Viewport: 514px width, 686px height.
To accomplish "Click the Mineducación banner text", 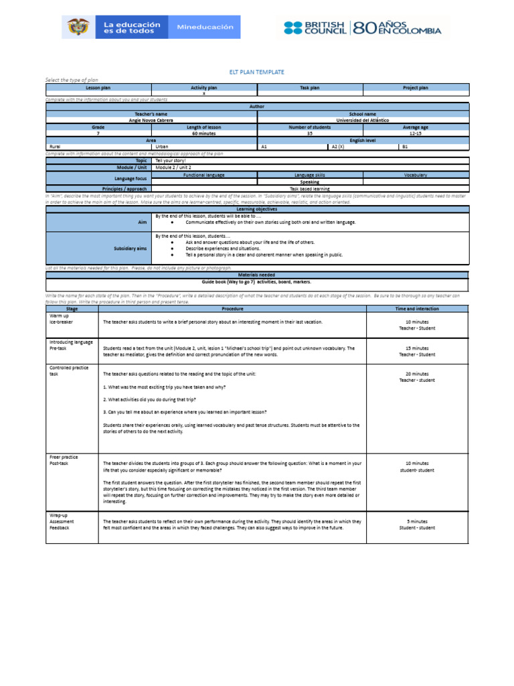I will (205, 27).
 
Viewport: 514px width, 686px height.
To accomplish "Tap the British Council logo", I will (315, 27).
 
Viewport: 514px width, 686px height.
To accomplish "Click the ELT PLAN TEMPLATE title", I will (257, 72).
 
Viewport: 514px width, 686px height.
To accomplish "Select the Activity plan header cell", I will (204, 88).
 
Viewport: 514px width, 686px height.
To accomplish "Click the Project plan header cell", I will (416, 88).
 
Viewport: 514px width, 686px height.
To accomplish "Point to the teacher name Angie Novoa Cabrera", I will (151, 121).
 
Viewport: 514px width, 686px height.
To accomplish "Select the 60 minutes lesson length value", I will (204, 133).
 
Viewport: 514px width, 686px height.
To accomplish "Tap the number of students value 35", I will (310, 133).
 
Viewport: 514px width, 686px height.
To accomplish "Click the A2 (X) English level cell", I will (338, 146).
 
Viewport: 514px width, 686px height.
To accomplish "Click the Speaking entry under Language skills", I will (310, 182).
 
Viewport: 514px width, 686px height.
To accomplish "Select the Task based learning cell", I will (310, 189).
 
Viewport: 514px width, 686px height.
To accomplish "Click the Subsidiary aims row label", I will (131, 248).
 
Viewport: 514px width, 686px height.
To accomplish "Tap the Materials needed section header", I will (257, 275).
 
